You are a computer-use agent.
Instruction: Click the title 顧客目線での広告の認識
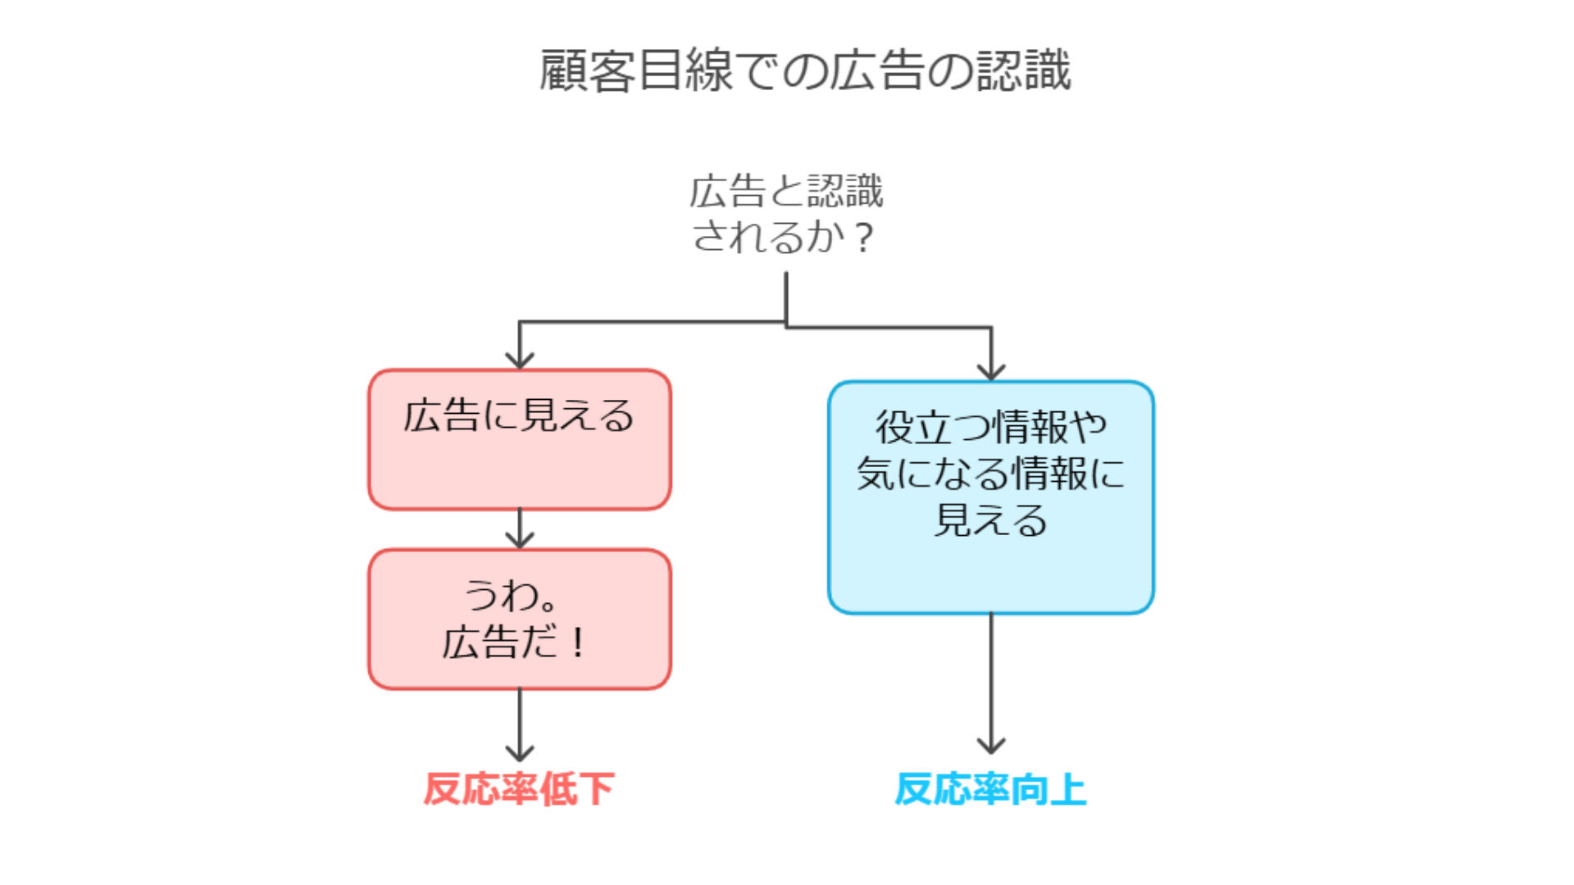(805, 70)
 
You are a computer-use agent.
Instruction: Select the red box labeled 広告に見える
(520, 440)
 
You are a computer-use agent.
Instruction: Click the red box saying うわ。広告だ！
(520, 619)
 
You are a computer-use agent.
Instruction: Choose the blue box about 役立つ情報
(991, 497)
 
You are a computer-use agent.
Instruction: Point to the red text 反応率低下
(519, 789)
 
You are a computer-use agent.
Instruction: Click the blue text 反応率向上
(990, 789)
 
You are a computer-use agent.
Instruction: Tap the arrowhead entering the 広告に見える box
(520, 361)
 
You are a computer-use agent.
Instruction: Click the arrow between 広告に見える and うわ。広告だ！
(520, 529)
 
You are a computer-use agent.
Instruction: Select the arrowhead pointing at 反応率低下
(520, 752)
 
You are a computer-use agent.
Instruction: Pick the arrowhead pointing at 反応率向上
(991, 745)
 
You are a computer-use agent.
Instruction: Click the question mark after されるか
(863, 238)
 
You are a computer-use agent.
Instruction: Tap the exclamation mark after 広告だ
(579, 642)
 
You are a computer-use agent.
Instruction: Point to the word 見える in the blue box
(991, 520)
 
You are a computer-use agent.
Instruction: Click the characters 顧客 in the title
(587, 70)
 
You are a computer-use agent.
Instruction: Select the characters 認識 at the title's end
(1023, 70)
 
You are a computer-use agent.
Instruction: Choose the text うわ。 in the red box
(511, 596)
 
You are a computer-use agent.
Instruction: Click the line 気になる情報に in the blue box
(991, 474)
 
